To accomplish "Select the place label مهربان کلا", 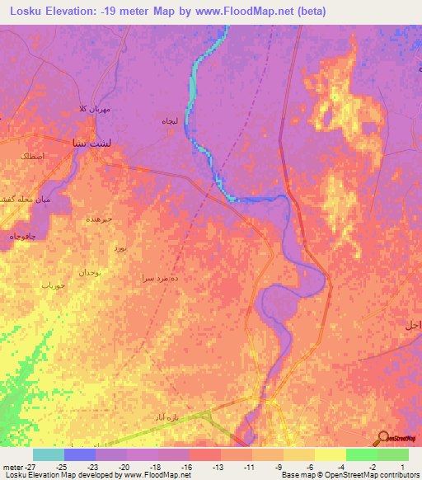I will click(x=93, y=109).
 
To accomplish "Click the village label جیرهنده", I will click(x=100, y=219).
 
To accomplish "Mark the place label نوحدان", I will click(x=90, y=272).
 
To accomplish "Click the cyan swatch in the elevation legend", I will click(x=48, y=454).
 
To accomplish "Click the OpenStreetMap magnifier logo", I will click(x=383, y=438).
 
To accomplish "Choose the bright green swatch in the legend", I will click(x=361, y=454).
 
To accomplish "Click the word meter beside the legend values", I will click(x=12, y=467).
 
